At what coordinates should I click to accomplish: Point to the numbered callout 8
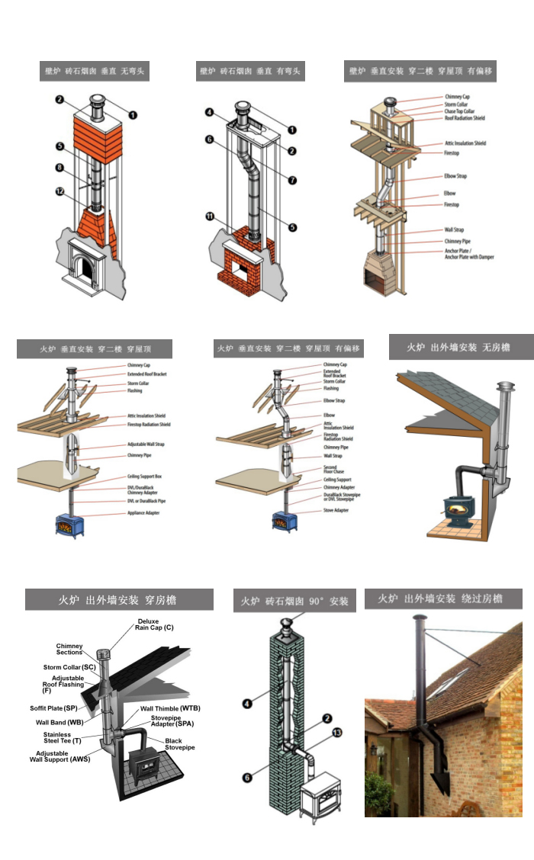pos(60,167)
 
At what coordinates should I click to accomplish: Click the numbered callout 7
pos(292,180)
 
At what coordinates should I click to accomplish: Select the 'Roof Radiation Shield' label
pos(465,118)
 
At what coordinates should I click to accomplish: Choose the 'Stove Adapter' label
pos(336,510)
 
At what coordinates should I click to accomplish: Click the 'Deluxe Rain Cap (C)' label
pos(155,624)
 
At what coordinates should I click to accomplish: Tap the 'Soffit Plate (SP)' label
pos(54,708)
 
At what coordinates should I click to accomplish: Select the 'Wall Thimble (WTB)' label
pos(170,708)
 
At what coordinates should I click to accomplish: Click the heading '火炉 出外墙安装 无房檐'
pos(458,347)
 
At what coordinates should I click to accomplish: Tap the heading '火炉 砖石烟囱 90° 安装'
pos(294,601)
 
